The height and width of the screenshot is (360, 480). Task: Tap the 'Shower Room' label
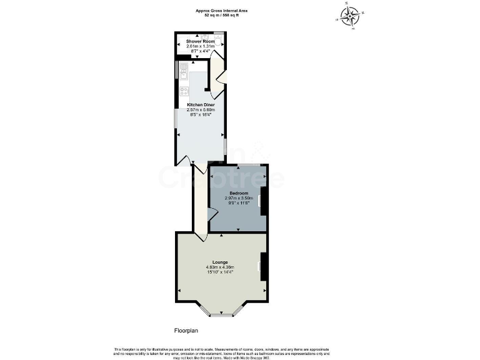pos(200,41)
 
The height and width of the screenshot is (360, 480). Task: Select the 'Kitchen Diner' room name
pos(200,105)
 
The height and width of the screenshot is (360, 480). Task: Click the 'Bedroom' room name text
pos(238,193)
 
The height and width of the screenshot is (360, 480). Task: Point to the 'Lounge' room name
pos(219,262)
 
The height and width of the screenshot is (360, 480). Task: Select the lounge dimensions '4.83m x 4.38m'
pos(219,267)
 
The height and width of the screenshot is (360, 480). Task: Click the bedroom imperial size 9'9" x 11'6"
pos(238,203)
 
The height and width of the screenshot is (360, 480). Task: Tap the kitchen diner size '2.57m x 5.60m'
pos(200,110)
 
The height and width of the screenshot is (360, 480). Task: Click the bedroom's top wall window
pos(248,165)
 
